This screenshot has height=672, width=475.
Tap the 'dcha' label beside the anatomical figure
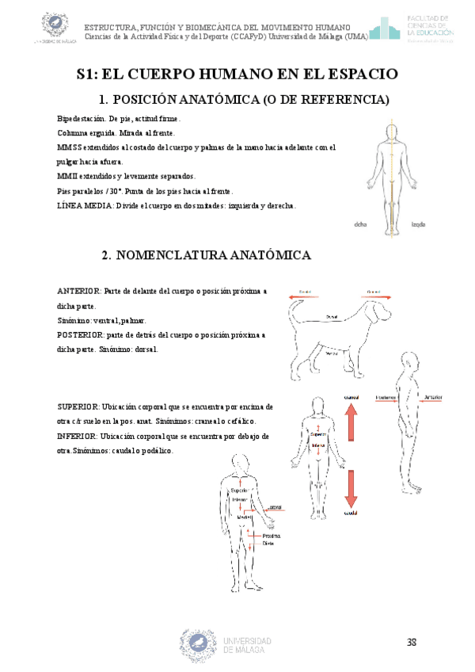pyautogui.click(x=362, y=224)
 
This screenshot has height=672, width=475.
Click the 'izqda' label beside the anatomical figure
pyautogui.click(x=419, y=224)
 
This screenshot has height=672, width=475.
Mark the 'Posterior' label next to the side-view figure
pyautogui.click(x=386, y=396)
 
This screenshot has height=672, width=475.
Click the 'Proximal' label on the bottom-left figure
pyautogui.click(x=273, y=536)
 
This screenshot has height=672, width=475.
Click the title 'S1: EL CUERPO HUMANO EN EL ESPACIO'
pyautogui.click(x=237, y=74)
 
